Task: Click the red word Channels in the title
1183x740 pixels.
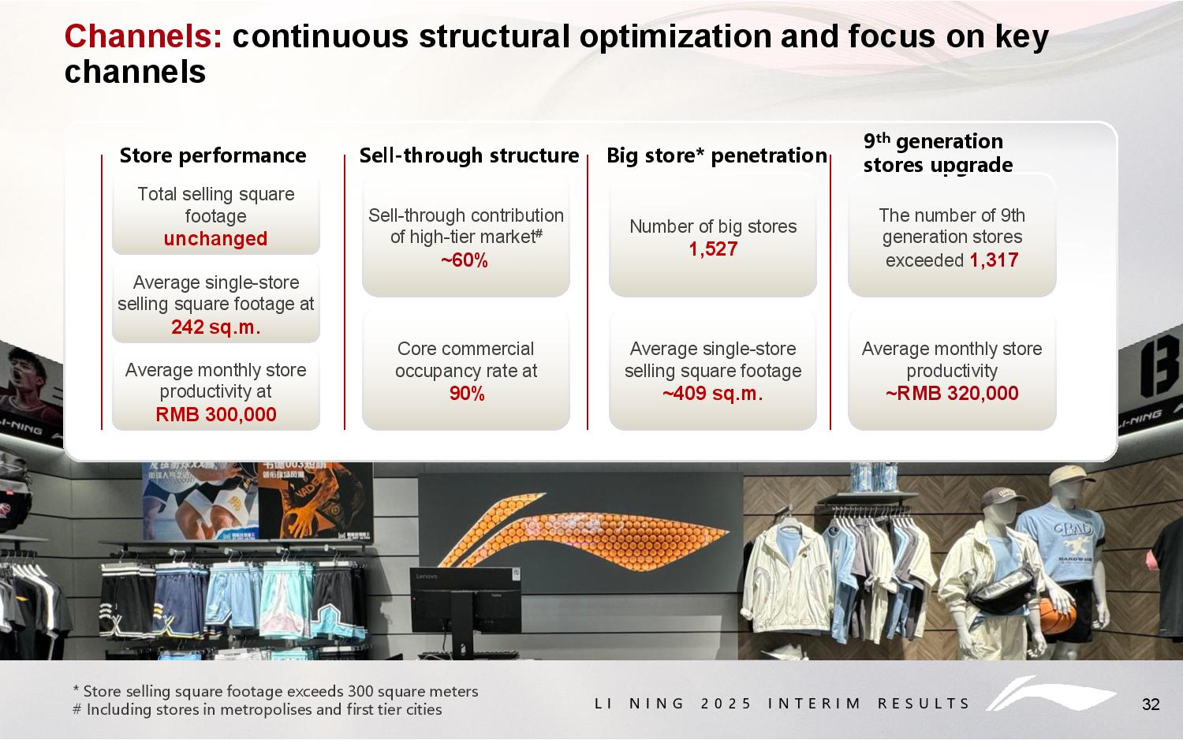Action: [143, 36]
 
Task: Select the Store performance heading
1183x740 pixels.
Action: [213, 156]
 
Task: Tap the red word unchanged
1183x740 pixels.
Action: [215, 239]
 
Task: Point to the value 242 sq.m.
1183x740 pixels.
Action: [215, 327]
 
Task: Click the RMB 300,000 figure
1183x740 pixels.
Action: [216, 414]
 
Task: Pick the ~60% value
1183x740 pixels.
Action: [465, 260]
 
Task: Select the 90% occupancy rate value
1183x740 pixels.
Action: [467, 394]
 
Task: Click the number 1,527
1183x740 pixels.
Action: [713, 249]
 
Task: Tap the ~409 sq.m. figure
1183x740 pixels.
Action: [713, 394]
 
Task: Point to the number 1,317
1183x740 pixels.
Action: [994, 260]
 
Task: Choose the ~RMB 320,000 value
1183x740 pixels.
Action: [952, 394]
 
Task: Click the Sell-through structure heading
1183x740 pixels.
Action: [469, 156]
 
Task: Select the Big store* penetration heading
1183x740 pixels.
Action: [717, 156]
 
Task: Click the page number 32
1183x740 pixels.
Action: [1151, 704]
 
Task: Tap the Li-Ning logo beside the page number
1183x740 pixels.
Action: [1051, 693]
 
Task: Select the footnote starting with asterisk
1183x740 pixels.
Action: [275, 691]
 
